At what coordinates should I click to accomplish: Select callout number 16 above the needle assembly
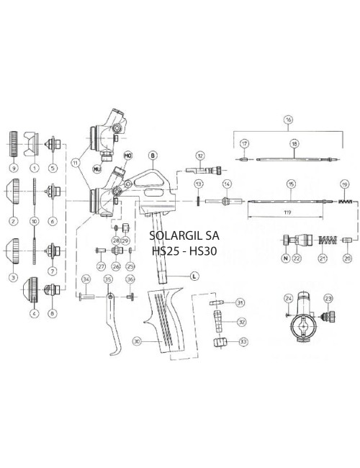(x=288, y=120)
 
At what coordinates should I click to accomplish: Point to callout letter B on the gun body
(x=153, y=155)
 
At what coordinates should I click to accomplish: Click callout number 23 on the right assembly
(x=330, y=299)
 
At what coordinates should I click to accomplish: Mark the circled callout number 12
(x=200, y=156)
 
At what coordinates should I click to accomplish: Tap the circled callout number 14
(x=226, y=184)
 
